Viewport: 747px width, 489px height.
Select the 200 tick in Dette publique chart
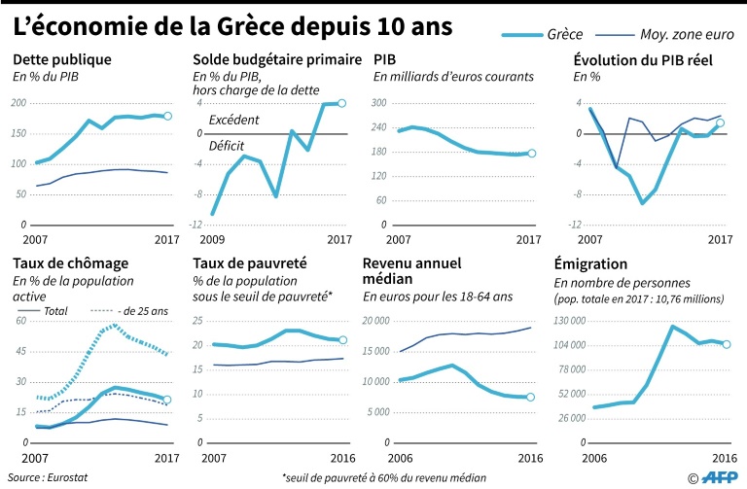coord(18,103)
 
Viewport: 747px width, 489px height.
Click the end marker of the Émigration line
coord(726,344)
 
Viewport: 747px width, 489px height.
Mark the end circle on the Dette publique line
coord(167,116)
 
